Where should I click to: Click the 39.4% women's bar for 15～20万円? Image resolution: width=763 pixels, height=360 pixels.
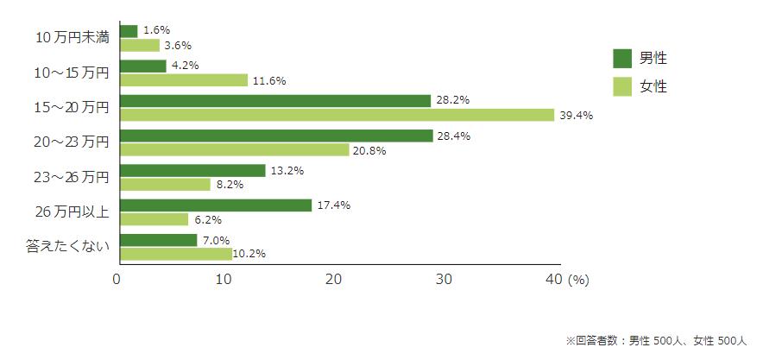click(x=337, y=115)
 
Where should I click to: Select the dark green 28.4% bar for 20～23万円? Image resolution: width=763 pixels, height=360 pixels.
click(x=276, y=136)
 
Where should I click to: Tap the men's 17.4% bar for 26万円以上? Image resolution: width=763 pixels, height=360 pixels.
click(x=216, y=205)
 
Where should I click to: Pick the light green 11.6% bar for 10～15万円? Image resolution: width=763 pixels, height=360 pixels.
click(x=184, y=80)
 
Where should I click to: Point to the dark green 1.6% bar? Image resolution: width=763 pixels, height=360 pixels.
click(x=129, y=31)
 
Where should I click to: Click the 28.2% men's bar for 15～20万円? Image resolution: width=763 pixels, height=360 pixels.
click(x=275, y=101)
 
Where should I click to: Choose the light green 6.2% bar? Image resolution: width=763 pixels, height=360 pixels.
click(x=154, y=219)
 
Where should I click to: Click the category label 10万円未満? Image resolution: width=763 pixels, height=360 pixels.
click(x=72, y=38)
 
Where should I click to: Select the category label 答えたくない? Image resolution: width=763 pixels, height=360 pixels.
click(x=66, y=247)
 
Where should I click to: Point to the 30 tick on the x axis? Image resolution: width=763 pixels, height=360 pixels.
click(x=444, y=280)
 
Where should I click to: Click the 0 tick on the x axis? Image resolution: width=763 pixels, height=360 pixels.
click(x=117, y=280)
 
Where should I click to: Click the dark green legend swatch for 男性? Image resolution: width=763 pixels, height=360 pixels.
click(x=622, y=59)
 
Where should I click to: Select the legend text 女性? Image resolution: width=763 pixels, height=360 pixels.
click(x=653, y=86)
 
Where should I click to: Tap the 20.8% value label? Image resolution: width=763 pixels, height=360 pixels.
click(x=369, y=150)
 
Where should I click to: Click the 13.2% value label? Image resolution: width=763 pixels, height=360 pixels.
click(x=287, y=170)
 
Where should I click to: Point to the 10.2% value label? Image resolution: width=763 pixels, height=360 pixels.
click(x=249, y=254)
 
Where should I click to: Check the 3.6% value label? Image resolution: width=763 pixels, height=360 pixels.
click(x=178, y=45)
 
